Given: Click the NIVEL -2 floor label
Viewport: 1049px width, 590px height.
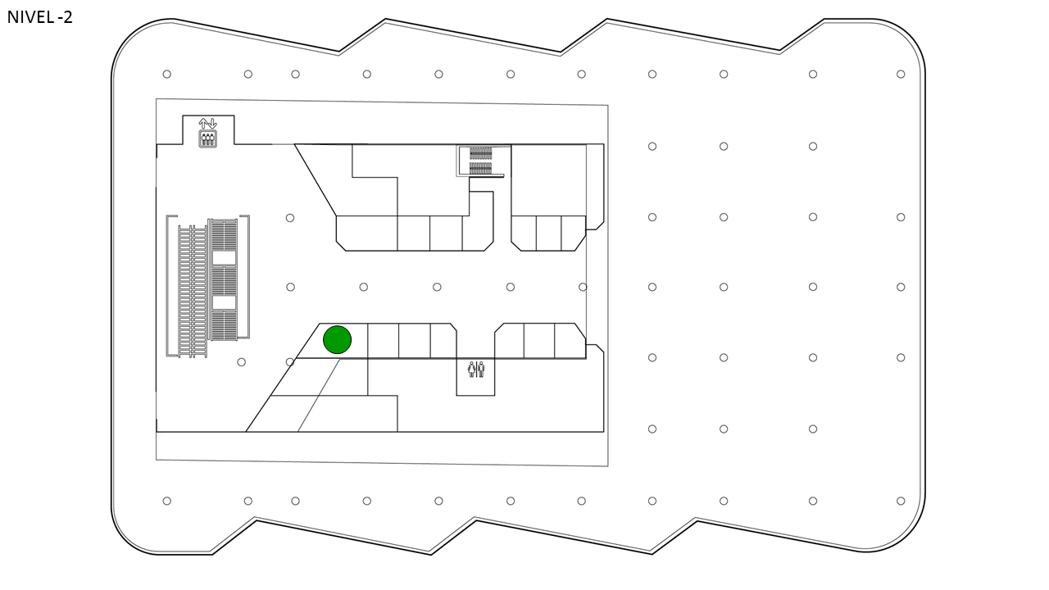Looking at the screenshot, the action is pyautogui.click(x=40, y=17).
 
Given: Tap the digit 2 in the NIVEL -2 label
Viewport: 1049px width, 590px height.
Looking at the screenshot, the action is pyautogui.click(x=68, y=17).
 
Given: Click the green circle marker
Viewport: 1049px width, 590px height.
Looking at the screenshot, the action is pyautogui.click(x=337, y=339).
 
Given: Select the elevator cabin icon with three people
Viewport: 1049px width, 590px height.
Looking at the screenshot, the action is pyautogui.click(x=208, y=139).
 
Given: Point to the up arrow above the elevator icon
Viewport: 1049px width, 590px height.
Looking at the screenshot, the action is pyautogui.click(x=203, y=124).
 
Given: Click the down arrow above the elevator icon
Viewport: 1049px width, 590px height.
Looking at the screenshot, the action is pyautogui.click(x=212, y=124).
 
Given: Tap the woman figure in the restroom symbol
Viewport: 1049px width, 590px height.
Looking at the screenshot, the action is pyautogui.click(x=471, y=370).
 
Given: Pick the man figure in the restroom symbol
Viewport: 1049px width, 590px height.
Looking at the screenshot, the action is pyautogui.click(x=481, y=370).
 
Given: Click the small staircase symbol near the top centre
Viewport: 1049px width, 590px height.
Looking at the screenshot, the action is pyautogui.click(x=481, y=161).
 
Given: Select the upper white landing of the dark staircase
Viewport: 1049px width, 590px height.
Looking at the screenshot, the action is pyautogui.click(x=225, y=258).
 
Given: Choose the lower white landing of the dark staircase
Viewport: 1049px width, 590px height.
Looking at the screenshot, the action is pyautogui.click(x=225, y=302).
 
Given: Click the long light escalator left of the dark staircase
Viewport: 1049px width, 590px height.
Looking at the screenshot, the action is pyautogui.click(x=193, y=291).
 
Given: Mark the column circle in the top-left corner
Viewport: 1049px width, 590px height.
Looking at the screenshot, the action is pyautogui.click(x=166, y=74).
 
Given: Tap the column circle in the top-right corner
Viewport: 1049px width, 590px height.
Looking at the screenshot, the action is pyautogui.click(x=901, y=74).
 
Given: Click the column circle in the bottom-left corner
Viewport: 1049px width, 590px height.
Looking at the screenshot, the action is pyautogui.click(x=166, y=501).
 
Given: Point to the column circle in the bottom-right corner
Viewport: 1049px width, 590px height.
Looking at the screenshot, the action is pyautogui.click(x=901, y=501).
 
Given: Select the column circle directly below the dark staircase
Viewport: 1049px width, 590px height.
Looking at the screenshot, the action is pyautogui.click(x=241, y=362).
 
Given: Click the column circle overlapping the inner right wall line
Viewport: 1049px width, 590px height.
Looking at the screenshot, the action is pyautogui.click(x=583, y=287).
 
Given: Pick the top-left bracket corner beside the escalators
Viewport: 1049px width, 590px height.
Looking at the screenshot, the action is pyautogui.click(x=167, y=216).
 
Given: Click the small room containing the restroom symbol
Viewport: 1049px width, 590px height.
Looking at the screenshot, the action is pyautogui.click(x=475, y=378).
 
